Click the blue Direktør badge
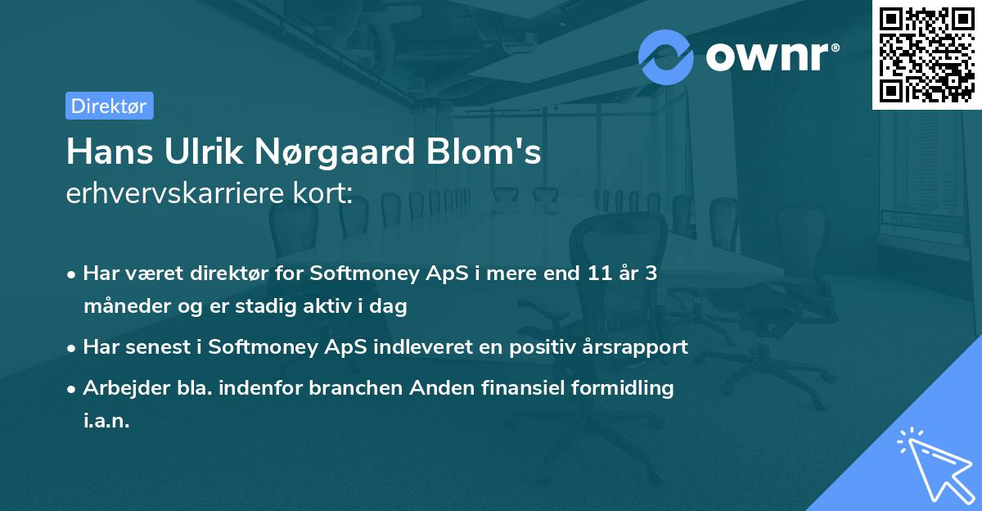109,106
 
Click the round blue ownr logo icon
666,57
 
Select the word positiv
517,347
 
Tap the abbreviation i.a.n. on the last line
106,421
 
